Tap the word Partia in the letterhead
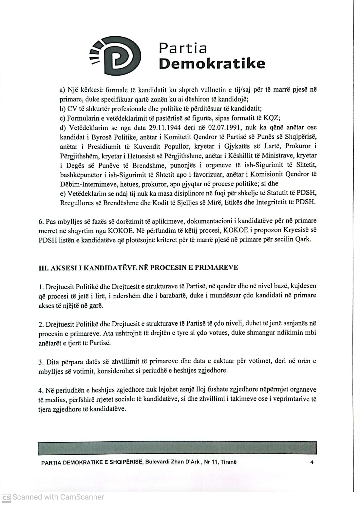pyautogui.click(x=183, y=48)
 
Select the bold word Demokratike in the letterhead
pyautogui.click(x=212, y=63)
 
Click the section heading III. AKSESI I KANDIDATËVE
pyautogui.click(x=138, y=267)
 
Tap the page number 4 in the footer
pyautogui.click(x=312, y=462)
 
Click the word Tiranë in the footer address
pyautogui.click(x=228, y=462)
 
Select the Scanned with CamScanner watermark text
pyautogui.click(x=58, y=497)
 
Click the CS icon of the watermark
pyautogui.click(x=6, y=497)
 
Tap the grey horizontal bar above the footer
pyautogui.click(x=177, y=448)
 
